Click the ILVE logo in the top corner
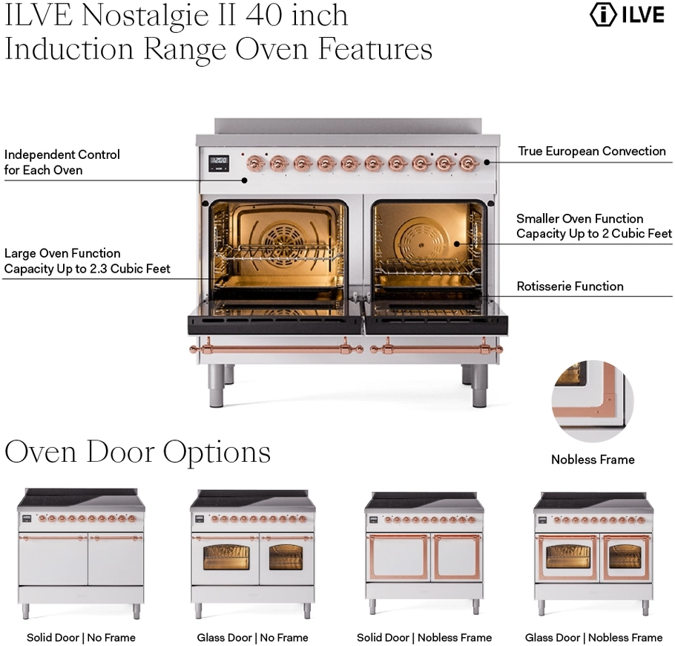pos(627,15)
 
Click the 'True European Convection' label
pos(591,151)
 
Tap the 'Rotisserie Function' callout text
pos(570,287)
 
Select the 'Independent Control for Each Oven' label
pos(62,163)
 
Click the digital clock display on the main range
pos(218,160)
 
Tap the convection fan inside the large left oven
pos(281,236)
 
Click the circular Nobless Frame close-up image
pos(592,391)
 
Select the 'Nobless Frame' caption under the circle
pos(593,460)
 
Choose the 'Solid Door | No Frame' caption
pos(81,637)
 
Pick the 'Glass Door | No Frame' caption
pos(252,637)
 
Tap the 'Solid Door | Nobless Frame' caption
pos(424,637)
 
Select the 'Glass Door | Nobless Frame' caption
pos(593,637)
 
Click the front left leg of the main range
pos(215,386)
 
